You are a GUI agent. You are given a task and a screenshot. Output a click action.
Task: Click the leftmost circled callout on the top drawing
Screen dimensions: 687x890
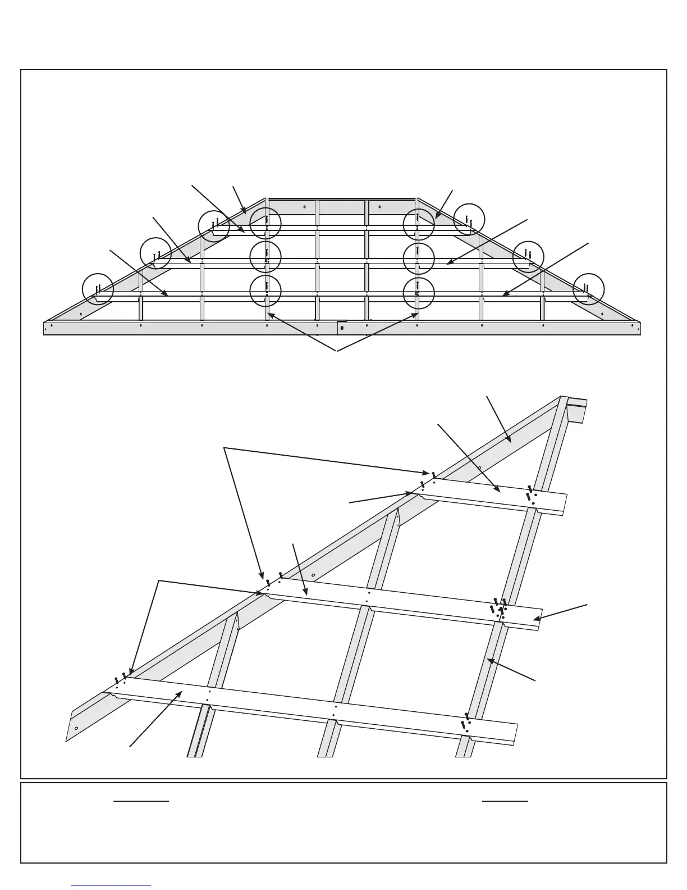click(98, 289)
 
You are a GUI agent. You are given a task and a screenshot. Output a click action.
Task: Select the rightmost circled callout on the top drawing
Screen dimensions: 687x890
click(588, 289)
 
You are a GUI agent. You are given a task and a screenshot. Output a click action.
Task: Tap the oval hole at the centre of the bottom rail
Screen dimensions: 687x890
click(342, 328)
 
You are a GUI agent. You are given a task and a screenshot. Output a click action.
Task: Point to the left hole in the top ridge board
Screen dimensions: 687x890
click(304, 206)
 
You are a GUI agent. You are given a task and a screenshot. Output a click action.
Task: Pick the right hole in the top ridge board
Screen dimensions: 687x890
click(379, 206)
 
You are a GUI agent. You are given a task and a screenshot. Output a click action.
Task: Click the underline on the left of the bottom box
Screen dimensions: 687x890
click(141, 801)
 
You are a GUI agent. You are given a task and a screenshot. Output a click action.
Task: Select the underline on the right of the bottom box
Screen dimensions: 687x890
click(505, 801)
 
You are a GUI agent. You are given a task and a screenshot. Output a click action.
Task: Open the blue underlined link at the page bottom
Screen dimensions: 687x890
click(111, 885)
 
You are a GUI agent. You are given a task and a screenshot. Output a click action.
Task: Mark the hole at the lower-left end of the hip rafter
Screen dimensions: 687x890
click(76, 728)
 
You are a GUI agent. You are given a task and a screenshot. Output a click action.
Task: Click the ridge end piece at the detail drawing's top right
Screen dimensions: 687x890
click(576, 408)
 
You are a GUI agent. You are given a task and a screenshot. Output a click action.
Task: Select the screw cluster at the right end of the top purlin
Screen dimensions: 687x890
click(530, 494)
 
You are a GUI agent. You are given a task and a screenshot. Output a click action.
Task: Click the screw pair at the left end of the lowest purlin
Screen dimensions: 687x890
click(120, 678)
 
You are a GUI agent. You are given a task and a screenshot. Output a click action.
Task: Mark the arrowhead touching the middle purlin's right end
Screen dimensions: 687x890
click(535, 619)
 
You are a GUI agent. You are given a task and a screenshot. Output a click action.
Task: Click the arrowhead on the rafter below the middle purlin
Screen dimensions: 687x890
click(489, 661)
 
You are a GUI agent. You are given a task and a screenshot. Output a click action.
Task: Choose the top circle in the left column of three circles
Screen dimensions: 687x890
click(265, 224)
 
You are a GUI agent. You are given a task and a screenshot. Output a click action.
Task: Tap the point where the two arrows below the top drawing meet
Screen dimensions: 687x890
click(337, 351)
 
